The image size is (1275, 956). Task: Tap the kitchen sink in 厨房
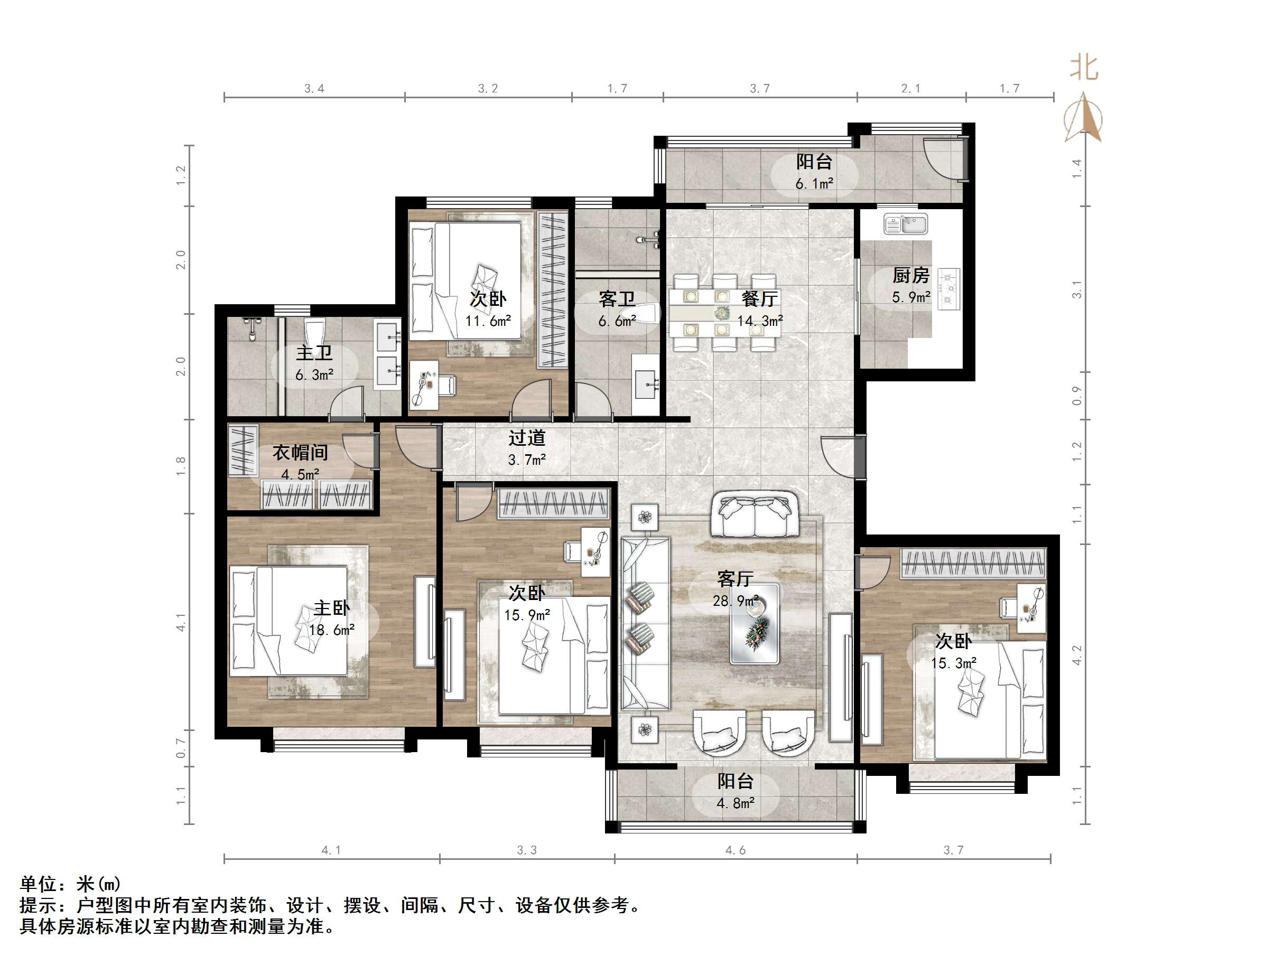pyautogui.click(x=906, y=223)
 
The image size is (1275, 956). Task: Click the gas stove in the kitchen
pyautogui.click(x=948, y=289)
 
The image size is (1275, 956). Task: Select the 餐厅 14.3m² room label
pyautogui.click(x=760, y=309)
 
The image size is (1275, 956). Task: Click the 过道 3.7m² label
pyautogui.click(x=527, y=448)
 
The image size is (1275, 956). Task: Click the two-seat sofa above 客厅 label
pyautogui.click(x=755, y=514)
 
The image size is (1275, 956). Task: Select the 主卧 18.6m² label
pyautogui.click(x=332, y=618)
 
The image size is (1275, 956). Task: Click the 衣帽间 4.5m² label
pyautogui.click(x=300, y=462)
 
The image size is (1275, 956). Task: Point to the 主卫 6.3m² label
pyautogui.click(x=315, y=363)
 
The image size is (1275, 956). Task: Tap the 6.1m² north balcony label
pyautogui.click(x=814, y=172)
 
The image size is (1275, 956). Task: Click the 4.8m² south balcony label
pyautogui.click(x=736, y=791)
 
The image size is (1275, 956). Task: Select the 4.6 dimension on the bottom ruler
pyautogui.click(x=736, y=850)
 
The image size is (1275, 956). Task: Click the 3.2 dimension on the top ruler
pyautogui.click(x=488, y=88)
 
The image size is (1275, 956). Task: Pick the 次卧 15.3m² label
pyautogui.click(x=953, y=652)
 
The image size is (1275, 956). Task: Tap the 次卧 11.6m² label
pyautogui.click(x=488, y=310)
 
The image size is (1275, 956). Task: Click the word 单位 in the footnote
pyautogui.click(x=39, y=884)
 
